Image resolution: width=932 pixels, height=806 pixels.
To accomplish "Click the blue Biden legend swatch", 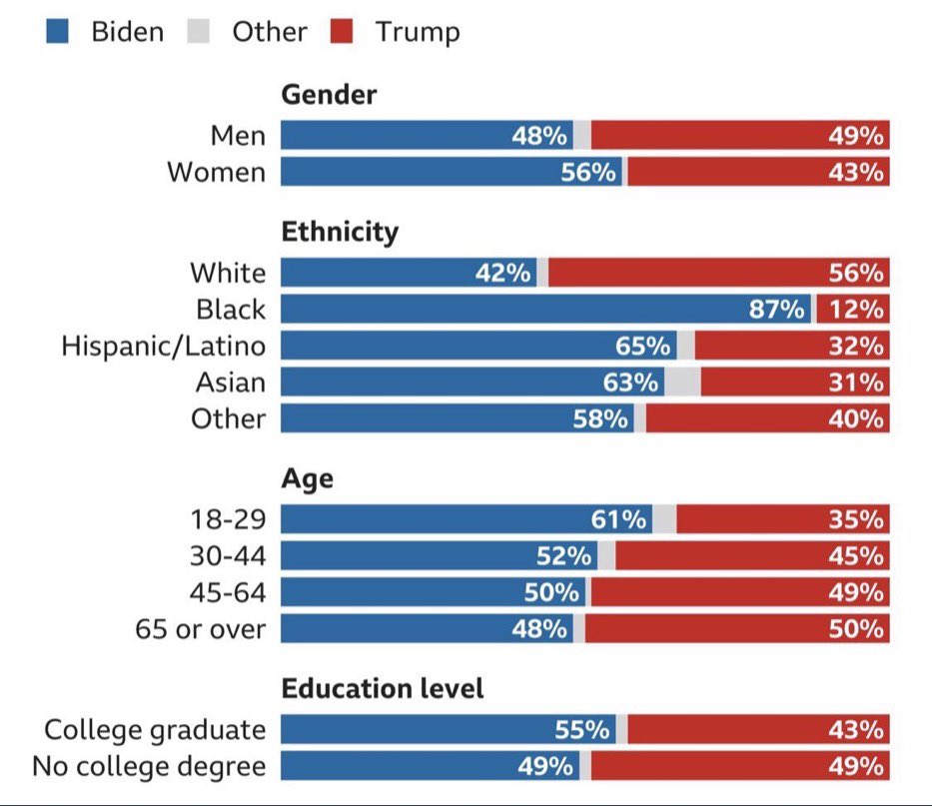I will pyautogui.click(x=58, y=32).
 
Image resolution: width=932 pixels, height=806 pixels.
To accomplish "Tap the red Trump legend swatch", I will pyautogui.click(x=343, y=32).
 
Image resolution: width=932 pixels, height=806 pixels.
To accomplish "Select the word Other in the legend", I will pyautogui.click(x=269, y=32).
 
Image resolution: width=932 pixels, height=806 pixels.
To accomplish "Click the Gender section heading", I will pyautogui.click(x=330, y=95).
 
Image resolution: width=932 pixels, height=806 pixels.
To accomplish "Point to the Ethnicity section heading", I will pyautogui.click(x=340, y=233).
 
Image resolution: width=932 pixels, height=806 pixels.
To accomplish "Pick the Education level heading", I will pyautogui.click(x=383, y=688).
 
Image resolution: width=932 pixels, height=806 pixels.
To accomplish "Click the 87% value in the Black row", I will pyautogui.click(x=777, y=310).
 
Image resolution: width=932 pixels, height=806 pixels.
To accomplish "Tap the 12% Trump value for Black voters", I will pyautogui.click(x=856, y=310).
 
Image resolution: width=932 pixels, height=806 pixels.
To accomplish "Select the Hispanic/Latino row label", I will pyautogui.click(x=164, y=346).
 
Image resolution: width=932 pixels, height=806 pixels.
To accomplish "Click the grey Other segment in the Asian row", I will pyautogui.click(x=683, y=383).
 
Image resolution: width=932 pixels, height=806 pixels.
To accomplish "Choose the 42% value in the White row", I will pyautogui.click(x=503, y=273).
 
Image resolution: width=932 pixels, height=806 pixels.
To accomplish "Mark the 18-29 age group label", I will pyautogui.click(x=228, y=519).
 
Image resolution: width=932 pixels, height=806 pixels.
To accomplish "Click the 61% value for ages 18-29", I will pyautogui.click(x=618, y=519).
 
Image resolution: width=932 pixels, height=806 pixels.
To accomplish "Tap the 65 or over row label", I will pyautogui.click(x=201, y=629).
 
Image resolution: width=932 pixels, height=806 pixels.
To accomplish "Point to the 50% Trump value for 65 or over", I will pyautogui.click(x=856, y=629).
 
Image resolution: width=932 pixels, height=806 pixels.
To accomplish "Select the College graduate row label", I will pyautogui.click(x=155, y=730).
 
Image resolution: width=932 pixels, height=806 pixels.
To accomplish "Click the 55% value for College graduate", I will pyautogui.click(x=582, y=730).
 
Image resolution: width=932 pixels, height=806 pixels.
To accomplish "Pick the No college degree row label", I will pyautogui.click(x=149, y=767).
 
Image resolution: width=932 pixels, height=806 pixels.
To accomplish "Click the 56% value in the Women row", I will pyautogui.click(x=588, y=172).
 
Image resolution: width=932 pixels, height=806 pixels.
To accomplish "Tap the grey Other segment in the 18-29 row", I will pyautogui.click(x=664, y=519).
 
